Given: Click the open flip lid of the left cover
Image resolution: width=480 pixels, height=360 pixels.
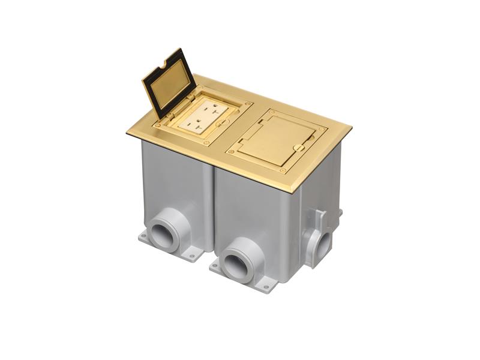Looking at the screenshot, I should click(169, 84).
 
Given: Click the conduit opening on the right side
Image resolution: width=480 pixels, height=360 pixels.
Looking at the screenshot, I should click(324, 242).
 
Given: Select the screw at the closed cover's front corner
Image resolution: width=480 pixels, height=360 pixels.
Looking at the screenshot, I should click(283, 170).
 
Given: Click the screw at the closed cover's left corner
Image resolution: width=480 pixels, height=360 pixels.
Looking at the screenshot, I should click(231, 151).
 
